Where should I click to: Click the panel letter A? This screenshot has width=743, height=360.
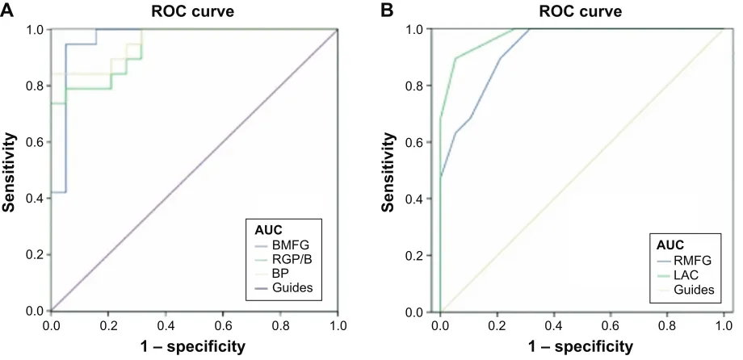pos(7,10)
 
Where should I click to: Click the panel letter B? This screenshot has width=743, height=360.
pos(388,10)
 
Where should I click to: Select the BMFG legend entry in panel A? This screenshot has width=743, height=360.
pos(283,246)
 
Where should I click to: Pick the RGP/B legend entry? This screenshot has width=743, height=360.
pos(283,260)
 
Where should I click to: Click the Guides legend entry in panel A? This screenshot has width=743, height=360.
pos(283,287)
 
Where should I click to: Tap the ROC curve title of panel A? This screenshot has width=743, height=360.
pos(192,11)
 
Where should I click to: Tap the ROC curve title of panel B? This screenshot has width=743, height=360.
pos(581,11)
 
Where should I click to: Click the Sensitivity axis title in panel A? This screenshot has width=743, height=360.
pos(9,173)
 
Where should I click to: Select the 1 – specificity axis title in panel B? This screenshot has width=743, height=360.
pos(581,346)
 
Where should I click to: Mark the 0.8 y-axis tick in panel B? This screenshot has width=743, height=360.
pos(417,86)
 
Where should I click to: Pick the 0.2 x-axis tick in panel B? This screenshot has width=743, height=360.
pos(497,326)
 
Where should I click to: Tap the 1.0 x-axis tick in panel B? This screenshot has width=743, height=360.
pos(724,326)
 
